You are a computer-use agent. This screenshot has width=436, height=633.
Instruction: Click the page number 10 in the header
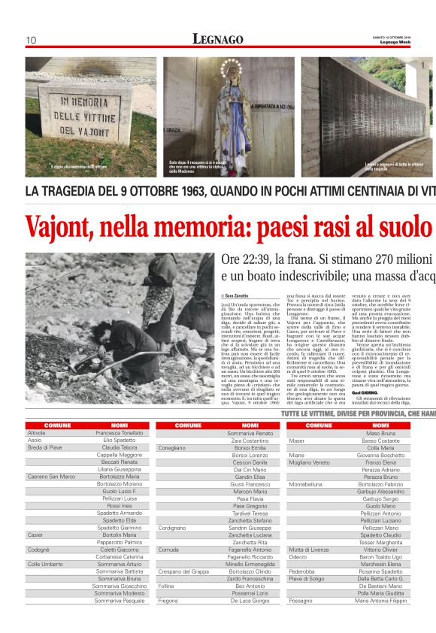pos(32,40)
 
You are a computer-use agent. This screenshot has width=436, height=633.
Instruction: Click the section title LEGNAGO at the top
pos(218,39)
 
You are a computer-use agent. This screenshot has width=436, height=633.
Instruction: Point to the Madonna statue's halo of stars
pos(230,70)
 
